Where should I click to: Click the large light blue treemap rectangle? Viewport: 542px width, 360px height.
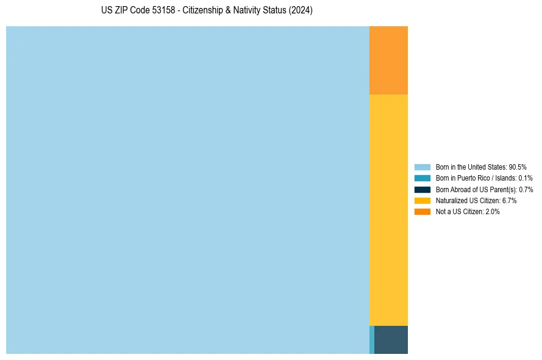[x=187, y=190]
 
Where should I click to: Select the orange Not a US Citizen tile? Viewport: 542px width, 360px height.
[x=388, y=60]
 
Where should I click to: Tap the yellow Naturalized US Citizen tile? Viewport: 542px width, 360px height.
[x=388, y=210]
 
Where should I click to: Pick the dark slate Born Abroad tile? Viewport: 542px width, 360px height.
[x=391, y=340]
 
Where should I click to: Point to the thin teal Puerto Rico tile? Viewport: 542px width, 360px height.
[x=372, y=340]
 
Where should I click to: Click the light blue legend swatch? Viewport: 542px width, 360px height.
[x=422, y=167]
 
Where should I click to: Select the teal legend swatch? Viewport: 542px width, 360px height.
[x=422, y=178]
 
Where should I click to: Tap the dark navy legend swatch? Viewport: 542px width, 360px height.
[x=422, y=189]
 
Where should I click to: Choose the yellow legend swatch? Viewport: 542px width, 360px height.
[x=422, y=200]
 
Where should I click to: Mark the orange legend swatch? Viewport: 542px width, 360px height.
[x=422, y=211]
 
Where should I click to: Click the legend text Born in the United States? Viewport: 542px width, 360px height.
[x=471, y=167]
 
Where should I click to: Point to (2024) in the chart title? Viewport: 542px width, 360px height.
[x=301, y=11]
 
